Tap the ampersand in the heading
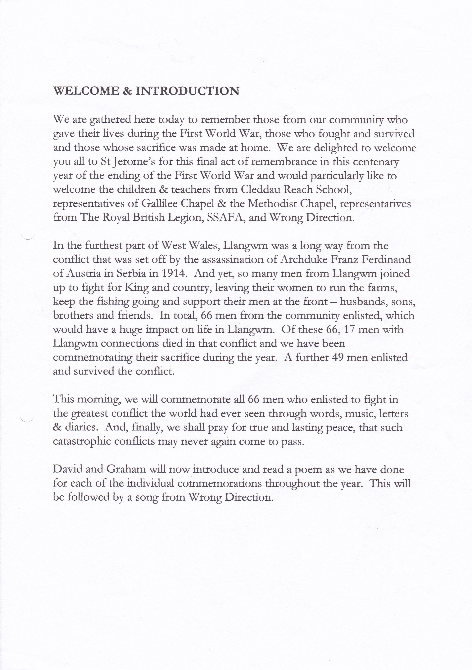pyautogui.click(x=128, y=91)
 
